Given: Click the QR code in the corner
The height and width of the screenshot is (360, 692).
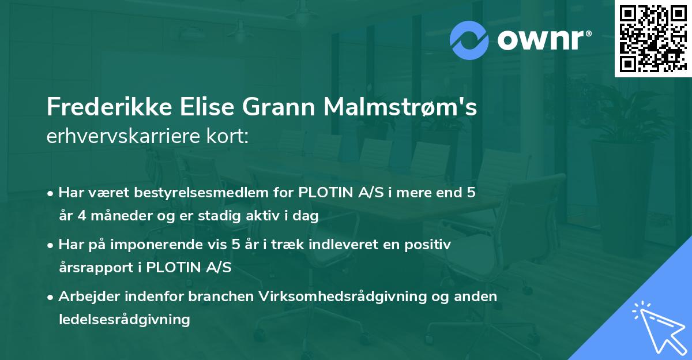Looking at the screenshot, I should [653, 38].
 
